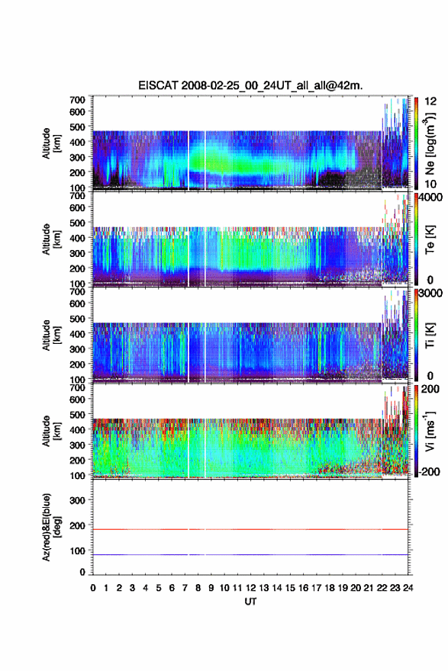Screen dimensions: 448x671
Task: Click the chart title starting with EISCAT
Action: tap(250, 85)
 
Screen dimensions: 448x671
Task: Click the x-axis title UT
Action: tap(250, 602)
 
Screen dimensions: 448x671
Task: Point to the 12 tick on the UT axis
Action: tap(250, 588)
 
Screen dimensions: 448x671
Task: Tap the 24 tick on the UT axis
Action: tap(408, 588)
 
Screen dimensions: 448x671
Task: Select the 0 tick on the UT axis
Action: tap(93, 588)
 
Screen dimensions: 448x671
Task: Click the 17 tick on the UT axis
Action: tap(316, 588)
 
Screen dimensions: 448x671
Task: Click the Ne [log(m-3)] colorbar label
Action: tap(430, 144)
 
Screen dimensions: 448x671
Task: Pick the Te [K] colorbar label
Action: tap(430, 239)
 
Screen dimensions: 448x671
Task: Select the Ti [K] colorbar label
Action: tap(430, 335)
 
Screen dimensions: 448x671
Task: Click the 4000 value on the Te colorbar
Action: tap(430, 197)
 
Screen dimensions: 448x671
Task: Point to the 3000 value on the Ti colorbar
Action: tap(430, 293)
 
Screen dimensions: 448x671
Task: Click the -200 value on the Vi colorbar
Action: tap(429, 471)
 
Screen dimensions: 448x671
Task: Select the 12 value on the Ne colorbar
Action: tap(430, 101)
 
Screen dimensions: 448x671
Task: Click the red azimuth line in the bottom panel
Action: tap(250, 529)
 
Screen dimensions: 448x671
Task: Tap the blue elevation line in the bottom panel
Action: tap(250, 554)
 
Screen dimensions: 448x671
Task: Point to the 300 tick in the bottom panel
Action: tap(77, 500)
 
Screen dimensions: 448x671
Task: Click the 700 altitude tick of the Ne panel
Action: tap(77, 100)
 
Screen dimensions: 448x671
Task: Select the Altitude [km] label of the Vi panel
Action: tap(50, 431)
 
